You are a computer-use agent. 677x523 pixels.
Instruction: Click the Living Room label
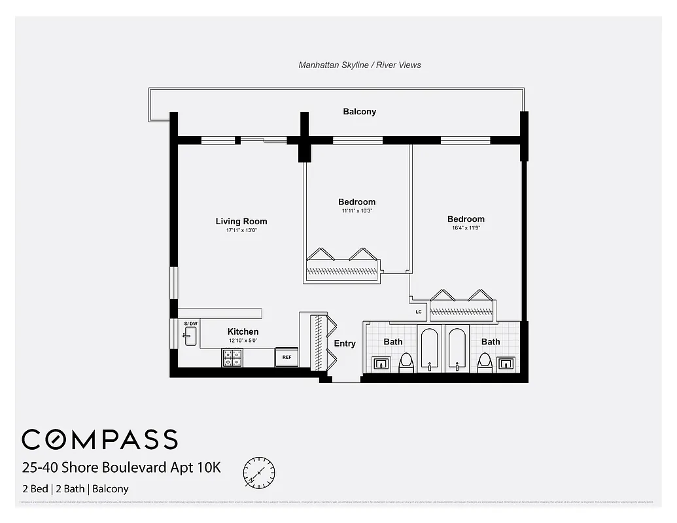(x=241, y=222)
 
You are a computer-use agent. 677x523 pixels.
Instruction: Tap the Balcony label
(x=360, y=112)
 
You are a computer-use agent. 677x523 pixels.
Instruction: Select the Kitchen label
(x=243, y=331)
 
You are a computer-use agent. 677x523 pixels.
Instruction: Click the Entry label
(x=345, y=343)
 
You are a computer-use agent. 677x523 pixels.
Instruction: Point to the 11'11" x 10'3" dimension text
(x=356, y=211)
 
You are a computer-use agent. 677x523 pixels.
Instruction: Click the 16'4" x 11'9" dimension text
(x=466, y=228)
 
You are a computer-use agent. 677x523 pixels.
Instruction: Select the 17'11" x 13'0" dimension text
(x=241, y=230)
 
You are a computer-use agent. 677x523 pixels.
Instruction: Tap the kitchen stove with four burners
(x=232, y=358)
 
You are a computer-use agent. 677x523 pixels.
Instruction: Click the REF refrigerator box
(x=286, y=357)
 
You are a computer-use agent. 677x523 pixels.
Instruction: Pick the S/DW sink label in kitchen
(x=190, y=324)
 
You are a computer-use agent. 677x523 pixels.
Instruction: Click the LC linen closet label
(x=419, y=312)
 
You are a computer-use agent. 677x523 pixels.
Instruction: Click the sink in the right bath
(x=506, y=363)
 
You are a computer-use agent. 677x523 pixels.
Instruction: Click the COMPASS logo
(x=99, y=439)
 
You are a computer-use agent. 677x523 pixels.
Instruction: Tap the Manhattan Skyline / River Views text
(x=360, y=65)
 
